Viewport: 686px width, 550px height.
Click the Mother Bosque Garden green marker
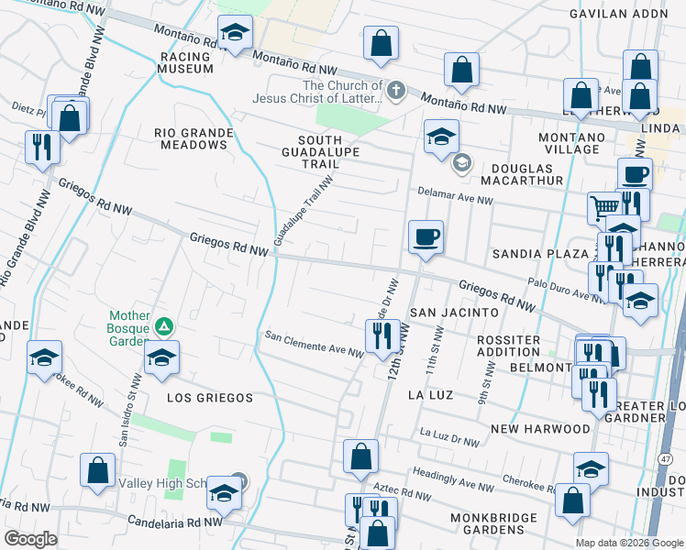pos(163,325)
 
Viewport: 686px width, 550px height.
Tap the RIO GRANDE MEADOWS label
pos(194,138)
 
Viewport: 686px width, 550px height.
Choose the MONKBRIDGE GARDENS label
pos(493,524)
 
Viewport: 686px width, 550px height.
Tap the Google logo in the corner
pos(30,539)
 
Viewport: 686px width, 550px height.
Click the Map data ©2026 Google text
pos(628,543)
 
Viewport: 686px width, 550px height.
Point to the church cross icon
pos(395,90)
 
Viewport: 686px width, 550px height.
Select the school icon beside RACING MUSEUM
pos(235,33)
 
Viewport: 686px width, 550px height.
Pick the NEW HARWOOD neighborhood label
pos(540,429)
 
